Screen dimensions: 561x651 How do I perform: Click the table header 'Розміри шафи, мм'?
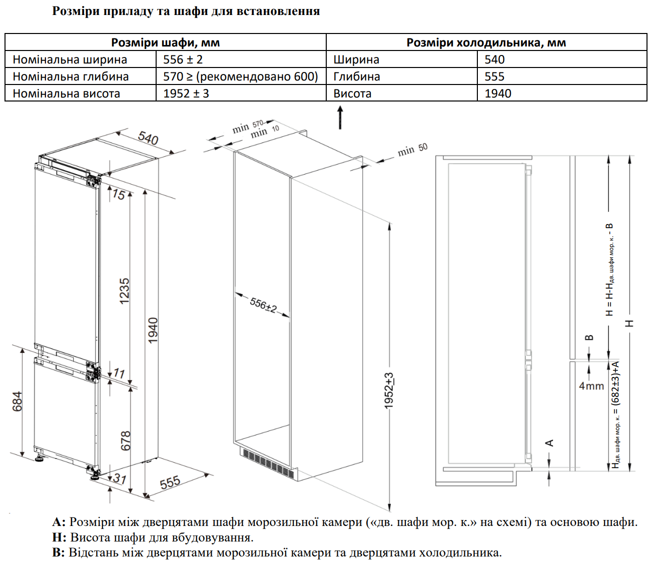coord(165,42)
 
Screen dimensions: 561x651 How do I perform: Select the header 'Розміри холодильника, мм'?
coord(486,42)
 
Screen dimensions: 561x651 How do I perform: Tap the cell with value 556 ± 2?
coord(183,59)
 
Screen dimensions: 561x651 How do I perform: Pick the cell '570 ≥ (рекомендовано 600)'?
coord(240,76)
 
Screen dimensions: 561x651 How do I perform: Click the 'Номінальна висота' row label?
coord(66,93)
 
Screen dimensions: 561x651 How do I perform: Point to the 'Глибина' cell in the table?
coord(356,76)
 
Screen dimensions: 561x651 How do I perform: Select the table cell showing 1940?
coord(497,93)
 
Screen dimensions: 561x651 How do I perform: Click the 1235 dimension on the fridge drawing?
coord(125,291)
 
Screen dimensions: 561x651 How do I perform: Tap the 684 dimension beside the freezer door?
coord(18,401)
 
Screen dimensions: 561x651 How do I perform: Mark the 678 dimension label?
coord(126,440)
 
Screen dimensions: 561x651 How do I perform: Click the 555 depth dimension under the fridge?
coord(170,482)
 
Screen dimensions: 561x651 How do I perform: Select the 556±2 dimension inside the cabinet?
coord(263,304)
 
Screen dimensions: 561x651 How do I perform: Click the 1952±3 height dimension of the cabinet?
coord(389,390)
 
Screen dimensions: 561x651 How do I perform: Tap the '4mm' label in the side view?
coord(591,386)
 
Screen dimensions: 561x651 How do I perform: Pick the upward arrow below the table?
coord(340,117)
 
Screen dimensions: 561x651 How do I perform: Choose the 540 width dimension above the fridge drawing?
coord(148,137)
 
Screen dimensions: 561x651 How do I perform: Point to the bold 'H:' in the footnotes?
coord(59,537)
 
